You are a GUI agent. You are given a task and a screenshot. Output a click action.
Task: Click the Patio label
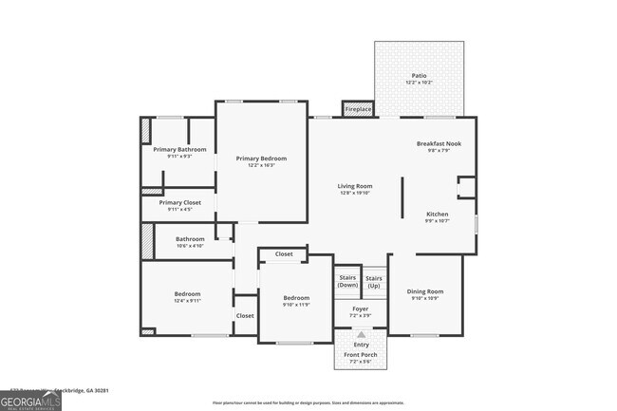(419, 75)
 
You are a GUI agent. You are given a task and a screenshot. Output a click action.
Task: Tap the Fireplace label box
(358, 109)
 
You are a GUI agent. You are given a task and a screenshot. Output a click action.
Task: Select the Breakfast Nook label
(439, 143)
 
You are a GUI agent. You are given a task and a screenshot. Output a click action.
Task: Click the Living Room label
(355, 186)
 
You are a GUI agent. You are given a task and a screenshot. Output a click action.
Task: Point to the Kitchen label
(437, 214)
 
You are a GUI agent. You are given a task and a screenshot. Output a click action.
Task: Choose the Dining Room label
(425, 291)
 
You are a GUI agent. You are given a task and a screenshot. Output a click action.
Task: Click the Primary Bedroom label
(261, 159)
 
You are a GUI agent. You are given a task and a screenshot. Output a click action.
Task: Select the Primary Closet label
(179, 202)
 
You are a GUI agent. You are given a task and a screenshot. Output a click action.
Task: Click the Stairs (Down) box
(347, 282)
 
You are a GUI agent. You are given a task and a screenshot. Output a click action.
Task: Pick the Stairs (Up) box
(374, 282)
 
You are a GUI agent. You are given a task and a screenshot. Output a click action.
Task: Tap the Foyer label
(360, 308)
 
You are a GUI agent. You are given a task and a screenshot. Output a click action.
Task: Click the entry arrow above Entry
(361, 334)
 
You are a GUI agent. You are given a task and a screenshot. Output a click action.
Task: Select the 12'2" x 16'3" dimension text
(261, 166)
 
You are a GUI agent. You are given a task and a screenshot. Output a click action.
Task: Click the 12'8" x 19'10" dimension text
(355, 194)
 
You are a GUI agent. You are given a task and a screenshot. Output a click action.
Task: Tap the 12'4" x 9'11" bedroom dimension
(187, 302)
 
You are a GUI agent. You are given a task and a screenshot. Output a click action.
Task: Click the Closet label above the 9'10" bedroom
(284, 254)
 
